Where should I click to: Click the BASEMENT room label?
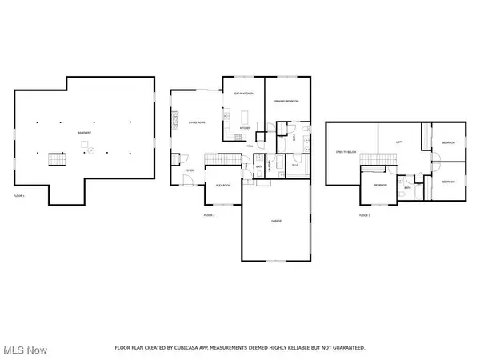(84, 132)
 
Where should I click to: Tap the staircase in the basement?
(57, 158)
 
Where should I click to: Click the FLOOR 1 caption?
(19, 195)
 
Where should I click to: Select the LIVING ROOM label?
(198, 122)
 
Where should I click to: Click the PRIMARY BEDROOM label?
(286, 102)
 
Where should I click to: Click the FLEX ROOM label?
(223, 185)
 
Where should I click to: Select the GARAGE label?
(275, 220)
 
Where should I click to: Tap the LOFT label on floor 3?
(400, 142)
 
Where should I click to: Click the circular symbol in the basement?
(90, 150)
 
